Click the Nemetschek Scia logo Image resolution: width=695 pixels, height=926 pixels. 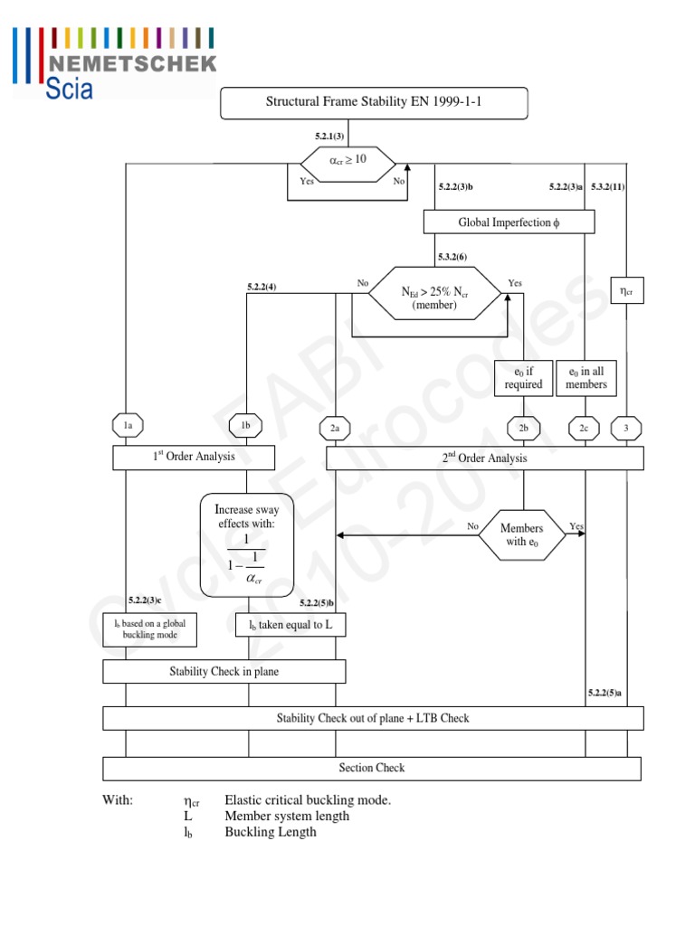click(x=114, y=61)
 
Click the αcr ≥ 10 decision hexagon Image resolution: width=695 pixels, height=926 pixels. click(x=347, y=161)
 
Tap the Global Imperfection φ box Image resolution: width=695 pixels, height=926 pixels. click(x=509, y=222)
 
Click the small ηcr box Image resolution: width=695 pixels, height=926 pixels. click(x=626, y=290)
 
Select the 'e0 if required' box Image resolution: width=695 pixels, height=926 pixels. click(x=523, y=378)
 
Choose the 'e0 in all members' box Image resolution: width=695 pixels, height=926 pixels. click(x=586, y=378)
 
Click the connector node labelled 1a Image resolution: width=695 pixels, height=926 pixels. click(x=128, y=424)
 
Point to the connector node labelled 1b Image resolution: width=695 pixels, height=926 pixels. click(x=245, y=425)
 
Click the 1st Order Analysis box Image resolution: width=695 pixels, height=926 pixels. click(x=194, y=458)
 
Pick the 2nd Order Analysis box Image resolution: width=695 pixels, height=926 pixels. click(x=485, y=458)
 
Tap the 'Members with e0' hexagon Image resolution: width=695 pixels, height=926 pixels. click(x=522, y=534)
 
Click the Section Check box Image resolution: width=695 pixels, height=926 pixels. click(x=372, y=768)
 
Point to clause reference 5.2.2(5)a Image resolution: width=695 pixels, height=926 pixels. click(x=605, y=693)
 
